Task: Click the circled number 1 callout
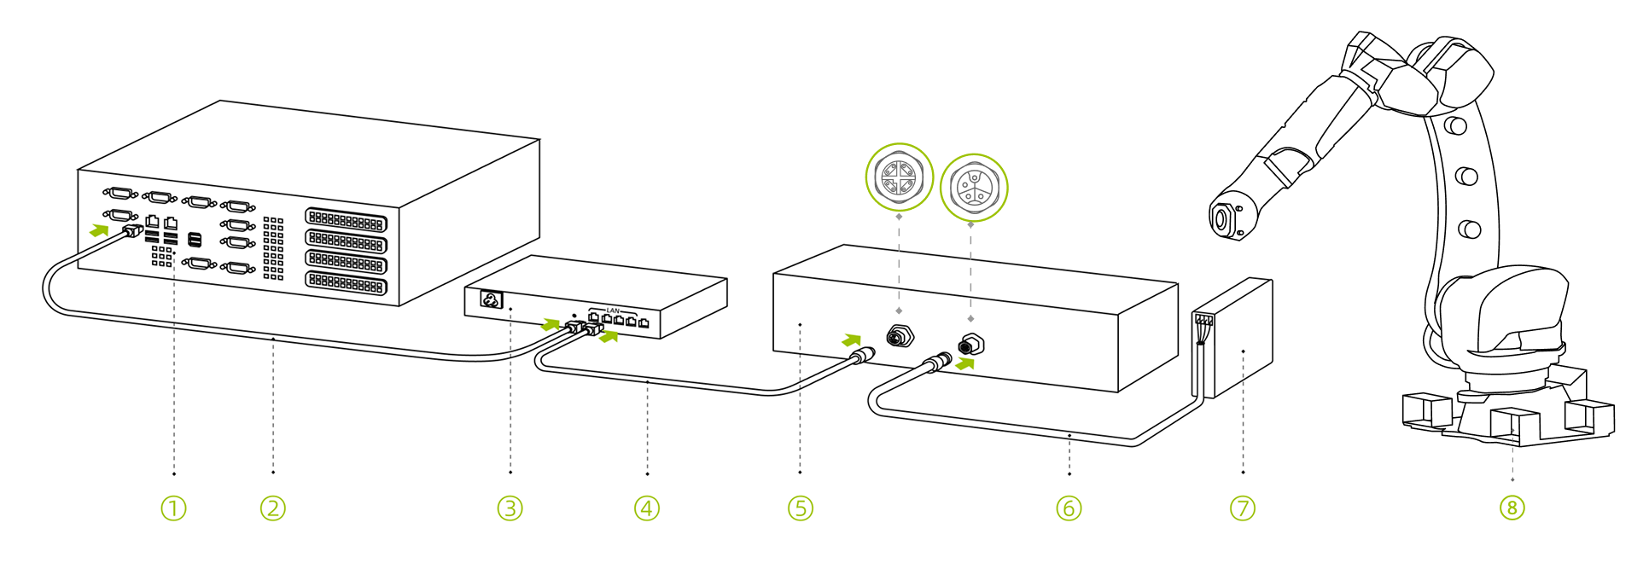click(173, 508)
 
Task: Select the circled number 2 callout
click(272, 508)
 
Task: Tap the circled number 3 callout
click(510, 508)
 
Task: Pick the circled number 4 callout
click(647, 508)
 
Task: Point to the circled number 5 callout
click(800, 508)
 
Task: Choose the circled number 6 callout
click(1069, 508)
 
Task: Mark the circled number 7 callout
click(1243, 508)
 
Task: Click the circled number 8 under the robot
click(1512, 508)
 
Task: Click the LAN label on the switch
click(613, 311)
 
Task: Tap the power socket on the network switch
click(491, 300)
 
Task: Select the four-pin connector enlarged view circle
click(899, 177)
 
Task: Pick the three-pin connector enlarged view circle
click(973, 188)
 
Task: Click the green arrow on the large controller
click(100, 229)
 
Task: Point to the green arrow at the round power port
click(965, 363)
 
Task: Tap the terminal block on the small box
click(1203, 320)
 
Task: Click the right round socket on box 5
click(970, 345)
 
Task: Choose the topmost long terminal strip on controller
click(346, 221)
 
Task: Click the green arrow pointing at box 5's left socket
click(851, 340)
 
